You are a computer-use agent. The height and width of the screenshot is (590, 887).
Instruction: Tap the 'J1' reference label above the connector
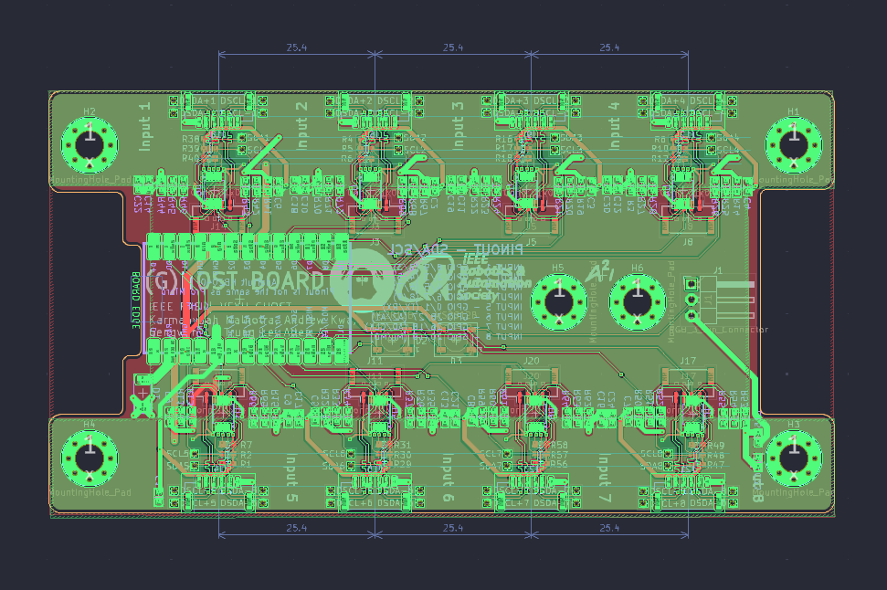[x=718, y=270]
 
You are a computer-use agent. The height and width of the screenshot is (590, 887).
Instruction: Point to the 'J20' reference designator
[x=532, y=362]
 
